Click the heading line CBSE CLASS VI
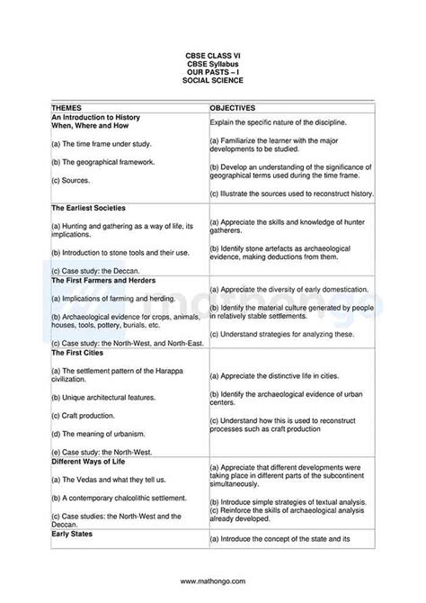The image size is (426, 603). point(213,55)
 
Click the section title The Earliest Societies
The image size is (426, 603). point(88,208)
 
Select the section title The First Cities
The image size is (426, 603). point(77,353)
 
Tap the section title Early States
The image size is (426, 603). point(72,534)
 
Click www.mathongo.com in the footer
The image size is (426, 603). point(213,580)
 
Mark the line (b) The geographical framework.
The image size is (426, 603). point(103,162)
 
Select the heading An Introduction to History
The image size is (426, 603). point(96,117)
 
